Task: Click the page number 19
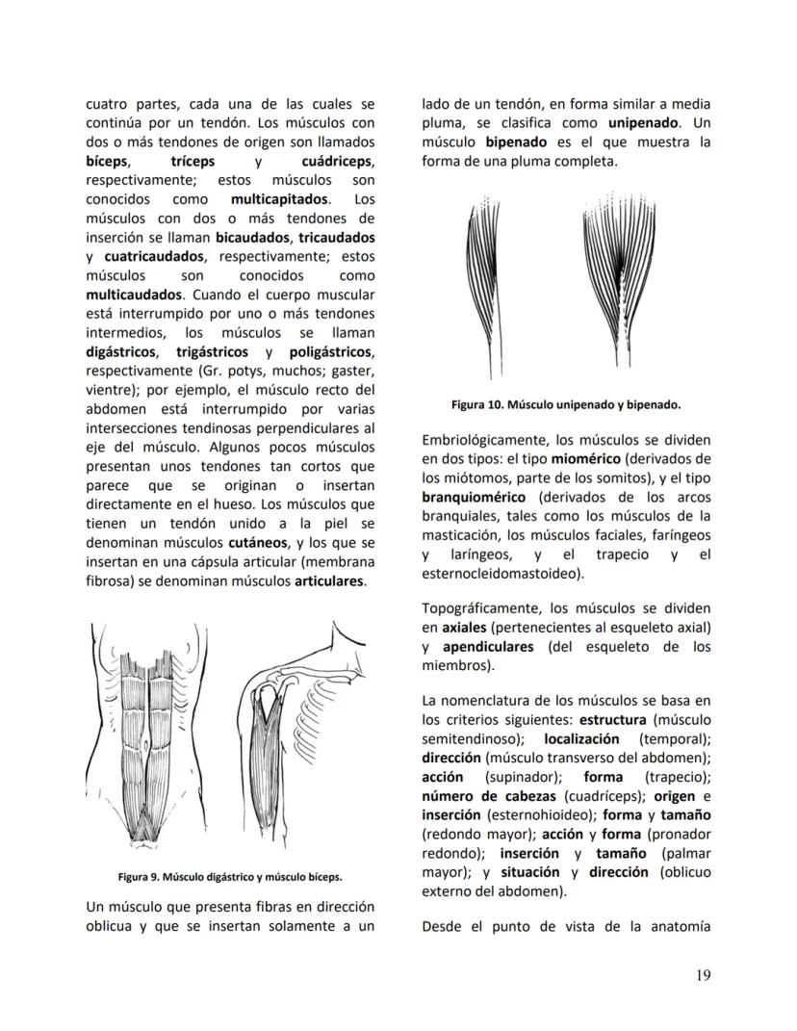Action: point(702,976)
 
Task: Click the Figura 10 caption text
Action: point(566,404)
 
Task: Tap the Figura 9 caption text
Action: point(230,877)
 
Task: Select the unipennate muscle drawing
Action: point(486,279)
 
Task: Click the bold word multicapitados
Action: point(279,199)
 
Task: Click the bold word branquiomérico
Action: point(473,497)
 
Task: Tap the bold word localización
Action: point(581,738)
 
